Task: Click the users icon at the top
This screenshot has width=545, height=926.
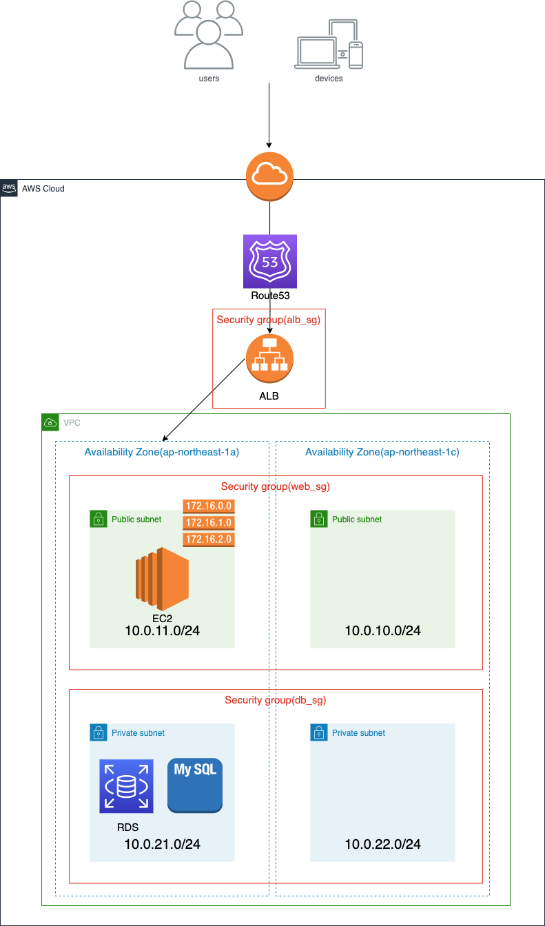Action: click(209, 35)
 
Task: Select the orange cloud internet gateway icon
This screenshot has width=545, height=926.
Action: click(269, 177)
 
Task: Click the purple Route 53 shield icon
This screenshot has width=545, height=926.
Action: click(269, 261)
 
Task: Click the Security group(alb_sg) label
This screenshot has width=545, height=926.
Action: click(269, 320)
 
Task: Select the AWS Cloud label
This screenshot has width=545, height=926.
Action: click(43, 188)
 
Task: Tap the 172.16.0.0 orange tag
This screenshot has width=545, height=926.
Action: click(209, 506)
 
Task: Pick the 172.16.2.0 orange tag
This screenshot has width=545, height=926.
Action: click(209, 539)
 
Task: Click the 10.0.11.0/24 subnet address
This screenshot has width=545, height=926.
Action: click(162, 630)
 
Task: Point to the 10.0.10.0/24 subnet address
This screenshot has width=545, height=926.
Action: click(382, 630)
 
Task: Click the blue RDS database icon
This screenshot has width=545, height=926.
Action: click(126, 786)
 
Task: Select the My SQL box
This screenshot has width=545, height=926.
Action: click(195, 786)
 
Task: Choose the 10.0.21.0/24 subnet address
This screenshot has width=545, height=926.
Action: click(162, 844)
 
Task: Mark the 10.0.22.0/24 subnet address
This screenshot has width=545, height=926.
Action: click(382, 844)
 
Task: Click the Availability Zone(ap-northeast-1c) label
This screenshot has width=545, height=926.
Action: click(382, 452)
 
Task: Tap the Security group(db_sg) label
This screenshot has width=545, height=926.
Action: click(275, 700)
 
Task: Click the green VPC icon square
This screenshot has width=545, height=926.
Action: click(50, 422)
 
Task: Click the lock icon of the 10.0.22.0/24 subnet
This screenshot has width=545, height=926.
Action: click(319, 732)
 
